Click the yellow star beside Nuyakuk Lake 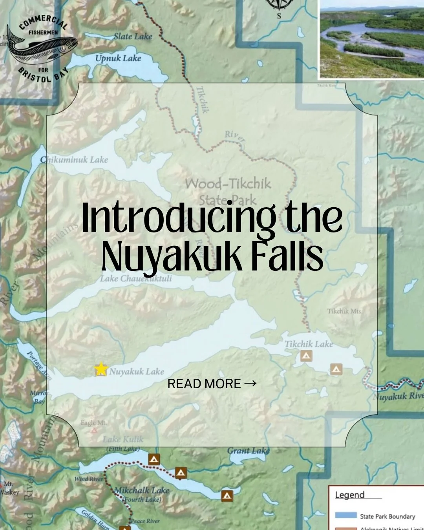(x=101, y=369)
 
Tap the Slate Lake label (x=133, y=37)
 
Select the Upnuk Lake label (x=118, y=58)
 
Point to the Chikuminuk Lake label (x=74, y=159)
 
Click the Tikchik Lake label (x=309, y=344)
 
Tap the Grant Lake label (x=248, y=450)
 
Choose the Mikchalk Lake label (x=142, y=490)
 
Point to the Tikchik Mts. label (x=345, y=311)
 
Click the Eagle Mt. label (x=93, y=423)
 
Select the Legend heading (x=350, y=495)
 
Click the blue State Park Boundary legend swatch (x=345, y=515)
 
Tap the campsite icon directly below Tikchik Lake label (x=306, y=356)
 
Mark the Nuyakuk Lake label (x=136, y=371)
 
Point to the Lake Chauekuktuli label (x=135, y=278)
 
